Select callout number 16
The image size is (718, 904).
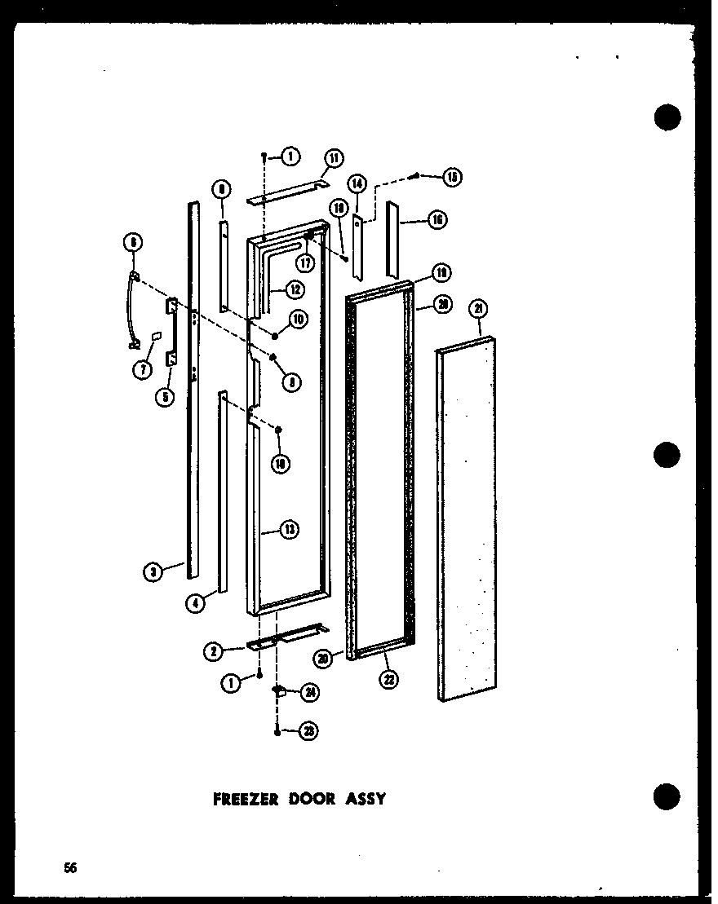tap(437, 219)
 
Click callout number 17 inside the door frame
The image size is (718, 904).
tap(307, 263)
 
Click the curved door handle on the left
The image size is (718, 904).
tap(129, 310)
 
